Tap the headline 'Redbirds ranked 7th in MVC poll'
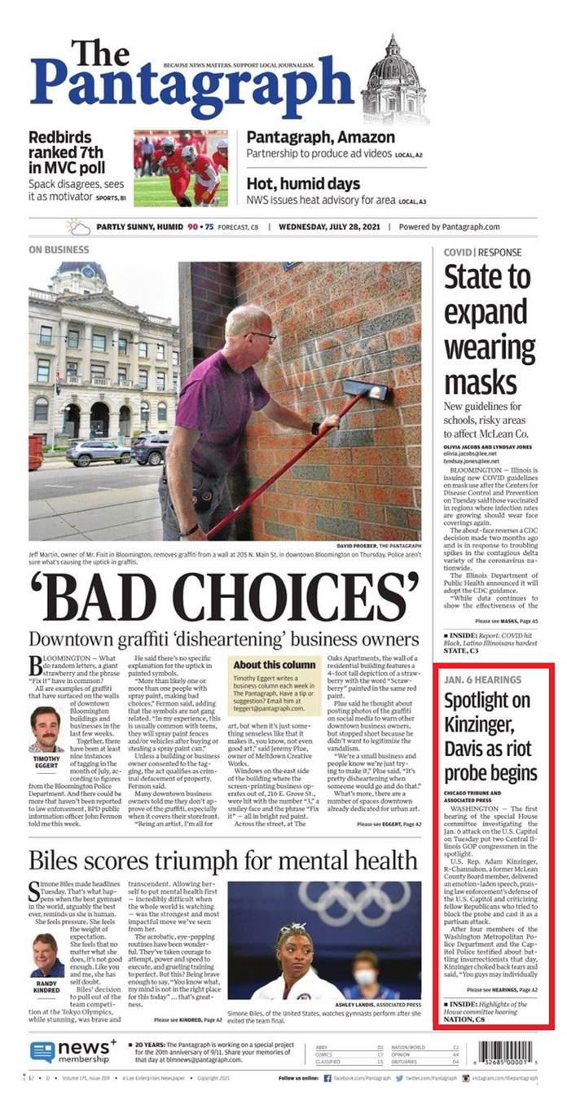66,152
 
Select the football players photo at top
181,168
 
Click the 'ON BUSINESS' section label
59,250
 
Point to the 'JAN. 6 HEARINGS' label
482,679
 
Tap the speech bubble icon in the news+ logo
42,1052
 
